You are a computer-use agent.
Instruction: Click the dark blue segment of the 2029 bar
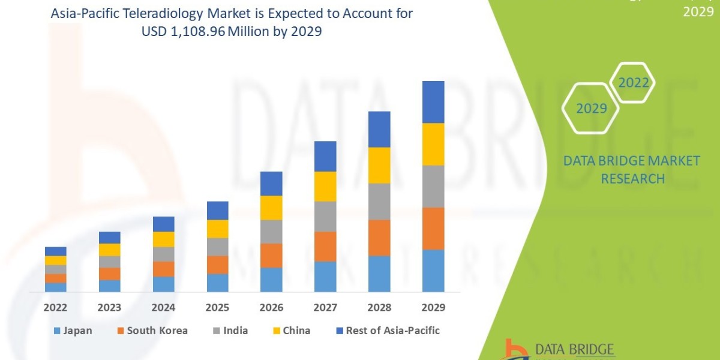coord(433,102)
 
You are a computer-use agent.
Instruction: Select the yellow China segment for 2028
coord(379,165)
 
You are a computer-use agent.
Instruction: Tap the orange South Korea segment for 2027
coord(325,246)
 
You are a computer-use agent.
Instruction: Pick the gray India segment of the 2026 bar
coord(271,231)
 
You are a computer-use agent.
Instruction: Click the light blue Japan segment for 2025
coord(217,283)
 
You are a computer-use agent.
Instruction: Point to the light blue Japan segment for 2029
coord(433,271)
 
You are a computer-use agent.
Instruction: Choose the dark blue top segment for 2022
coord(56,251)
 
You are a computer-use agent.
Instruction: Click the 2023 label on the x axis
coord(110,308)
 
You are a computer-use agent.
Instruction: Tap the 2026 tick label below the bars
coord(271,308)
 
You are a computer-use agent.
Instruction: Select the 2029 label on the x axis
coord(433,308)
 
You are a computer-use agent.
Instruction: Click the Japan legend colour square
coord(58,331)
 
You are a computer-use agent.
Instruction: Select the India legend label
coord(235,331)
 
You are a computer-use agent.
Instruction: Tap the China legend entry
coord(297,331)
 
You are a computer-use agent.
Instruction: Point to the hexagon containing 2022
coord(634,83)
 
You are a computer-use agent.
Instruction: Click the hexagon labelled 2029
coord(590,109)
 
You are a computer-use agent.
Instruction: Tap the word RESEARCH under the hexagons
coord(632,179)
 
